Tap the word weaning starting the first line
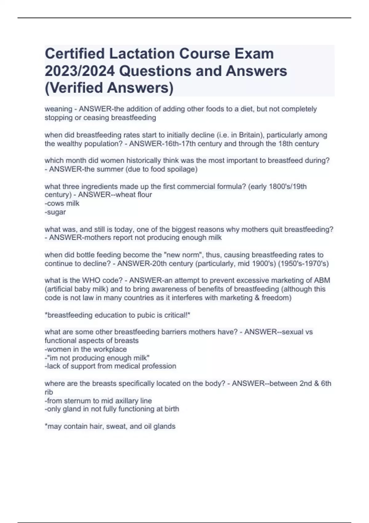pyautogui.click(x=58, y=109)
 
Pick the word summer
pyautogui.click(x=110, y=169)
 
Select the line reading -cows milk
pyautogui.click(x=62, y=203)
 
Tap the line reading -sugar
pyautogui.click(x=55, y=212)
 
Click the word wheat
pyautogui.click(x=125, y=195)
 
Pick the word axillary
pyautogui.click(x=122, y=401)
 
